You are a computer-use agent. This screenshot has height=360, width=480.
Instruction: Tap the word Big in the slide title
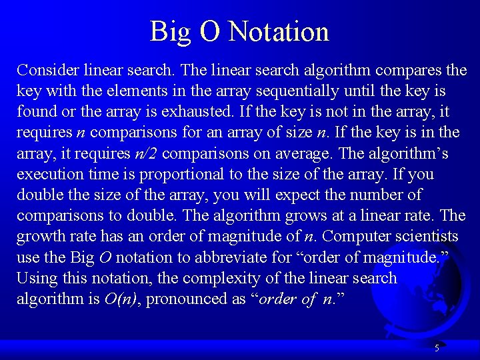pyautogui.click(x=167, y=31)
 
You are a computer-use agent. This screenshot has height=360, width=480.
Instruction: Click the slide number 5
pyautogui.click(x=437, y=348)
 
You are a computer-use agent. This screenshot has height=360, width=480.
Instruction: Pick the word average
pyautogui.click(x=301, y=153)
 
